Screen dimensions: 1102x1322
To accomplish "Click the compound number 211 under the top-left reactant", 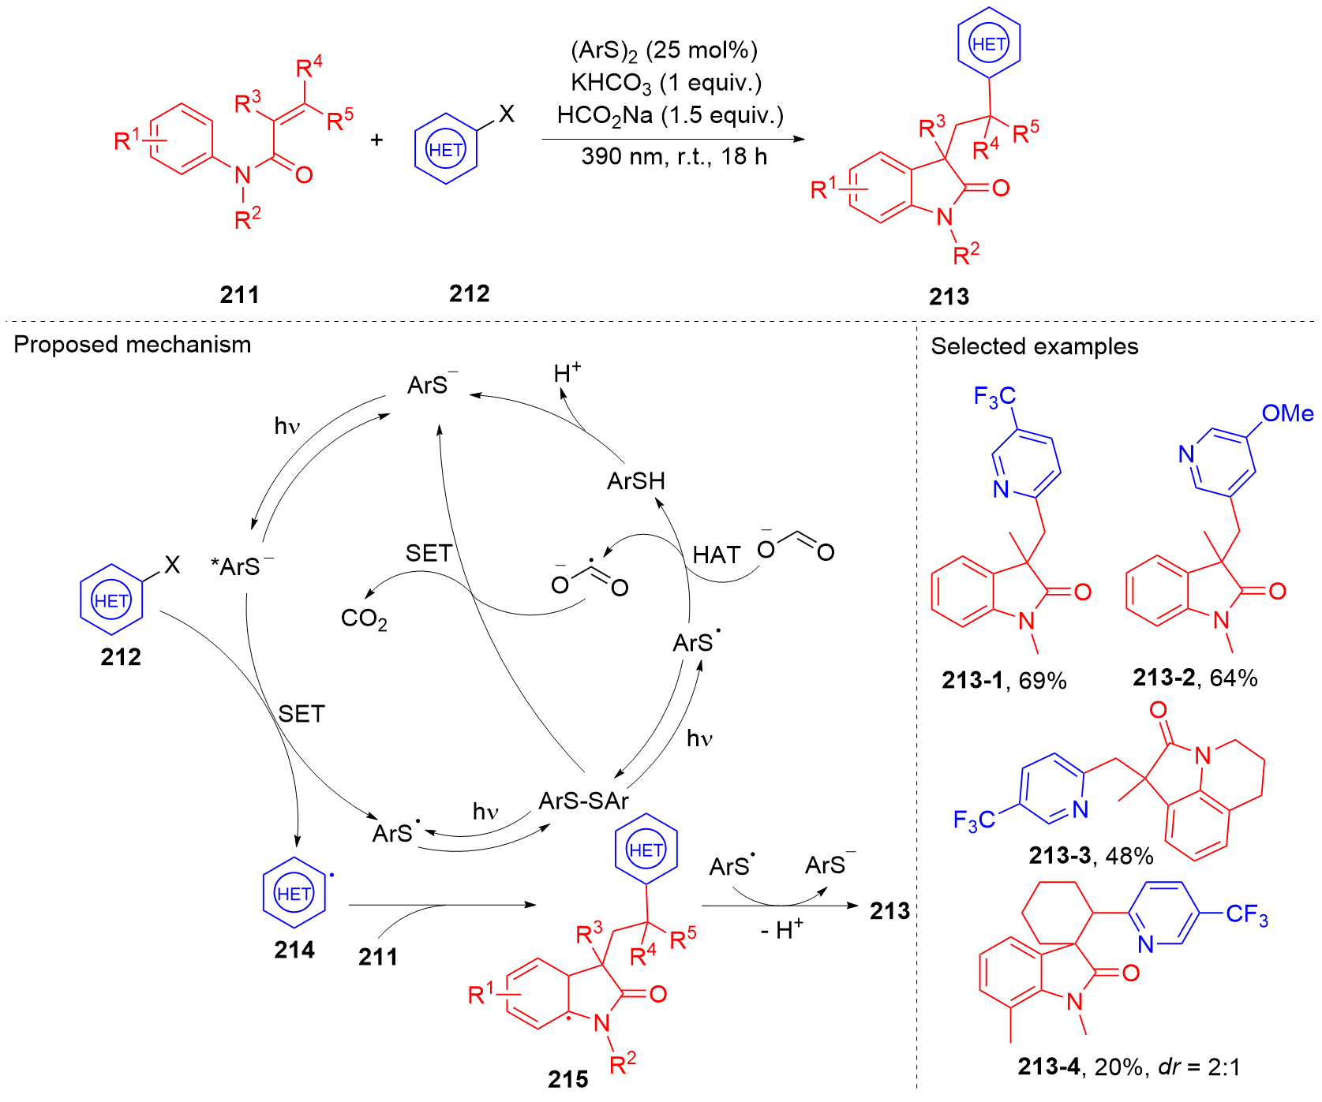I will click(239, 295).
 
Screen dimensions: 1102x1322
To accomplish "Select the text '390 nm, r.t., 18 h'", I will click(674, 157).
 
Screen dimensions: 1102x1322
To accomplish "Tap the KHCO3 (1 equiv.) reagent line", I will click(666, 83).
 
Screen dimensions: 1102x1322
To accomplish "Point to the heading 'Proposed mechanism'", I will click(133, 345).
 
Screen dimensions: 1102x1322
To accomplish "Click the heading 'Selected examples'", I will click(1034, 346).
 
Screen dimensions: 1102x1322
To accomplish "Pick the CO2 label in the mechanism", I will click(364, 619).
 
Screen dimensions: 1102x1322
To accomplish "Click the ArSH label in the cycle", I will click(636, 480).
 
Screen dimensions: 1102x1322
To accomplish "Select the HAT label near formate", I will click(717, 555).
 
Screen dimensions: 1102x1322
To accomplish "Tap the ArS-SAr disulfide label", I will click(583, 801).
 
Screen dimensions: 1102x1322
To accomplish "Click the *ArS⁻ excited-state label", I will click(242, 566).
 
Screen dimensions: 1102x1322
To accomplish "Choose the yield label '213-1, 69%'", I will click(1004, 680).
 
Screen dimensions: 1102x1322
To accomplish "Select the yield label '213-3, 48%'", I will click(1091, 855).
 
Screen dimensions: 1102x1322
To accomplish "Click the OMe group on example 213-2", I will click(1286, 413).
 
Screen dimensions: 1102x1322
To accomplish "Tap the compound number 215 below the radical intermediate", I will click(567, 1079).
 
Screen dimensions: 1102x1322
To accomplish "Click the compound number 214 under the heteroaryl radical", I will click(294, 951).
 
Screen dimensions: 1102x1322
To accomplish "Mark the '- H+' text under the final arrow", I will click(781, 930).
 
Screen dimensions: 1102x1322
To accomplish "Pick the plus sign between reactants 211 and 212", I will click(377, 140).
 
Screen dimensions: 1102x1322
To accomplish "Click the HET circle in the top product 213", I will click(989, 44).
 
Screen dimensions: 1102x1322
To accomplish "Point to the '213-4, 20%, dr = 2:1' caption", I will click(1129, 1067).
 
